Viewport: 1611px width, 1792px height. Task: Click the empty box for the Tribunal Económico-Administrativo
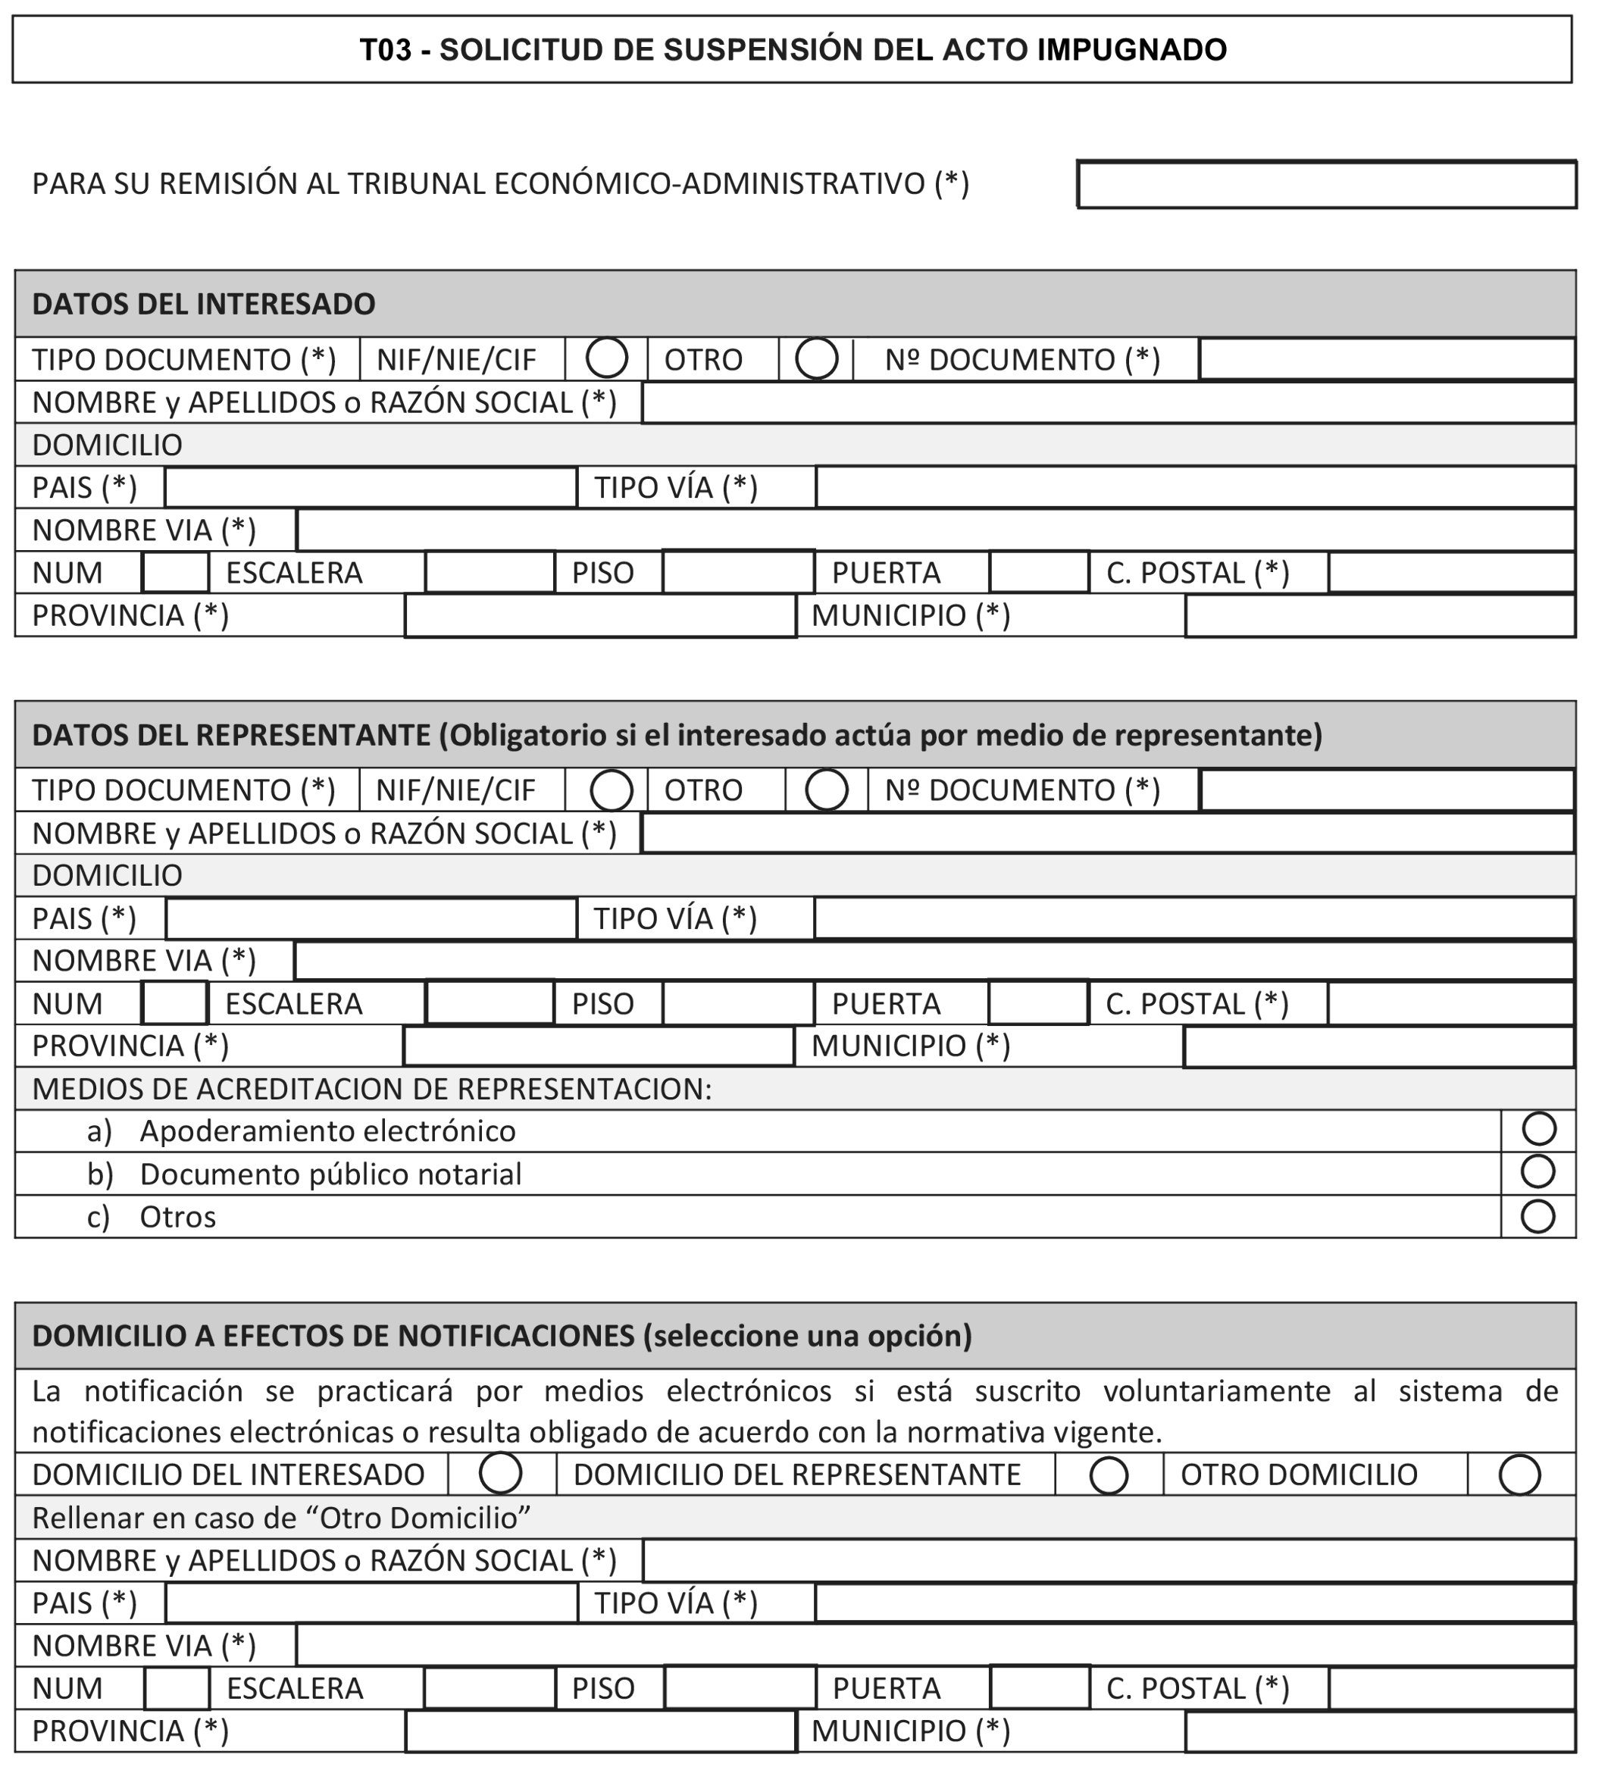[x=1326, y=185]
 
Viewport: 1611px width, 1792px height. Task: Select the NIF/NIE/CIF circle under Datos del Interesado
[x=607, y=358]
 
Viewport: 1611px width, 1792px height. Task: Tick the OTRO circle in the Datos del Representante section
[x=827, y=790]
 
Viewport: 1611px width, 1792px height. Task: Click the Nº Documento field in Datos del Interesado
[x=1386, y=359]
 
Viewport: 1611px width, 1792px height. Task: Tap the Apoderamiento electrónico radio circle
[x=1538, y=1129]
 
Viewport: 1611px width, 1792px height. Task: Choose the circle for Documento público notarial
[x=1538, y=1171]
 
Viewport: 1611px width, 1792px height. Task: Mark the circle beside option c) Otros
[x=1538, y=1216]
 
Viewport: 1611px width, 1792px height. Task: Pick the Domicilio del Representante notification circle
[x=1109, y=1475]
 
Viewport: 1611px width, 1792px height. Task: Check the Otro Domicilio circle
[x=1519, y=1475]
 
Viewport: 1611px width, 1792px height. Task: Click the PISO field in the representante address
[x=737, y=1003]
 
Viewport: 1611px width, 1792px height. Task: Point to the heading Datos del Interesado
[x=204, y=305]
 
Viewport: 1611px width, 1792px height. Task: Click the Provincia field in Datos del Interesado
[x=600, y=616]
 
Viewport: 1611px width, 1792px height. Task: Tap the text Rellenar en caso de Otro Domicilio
[x=280, y=1518]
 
